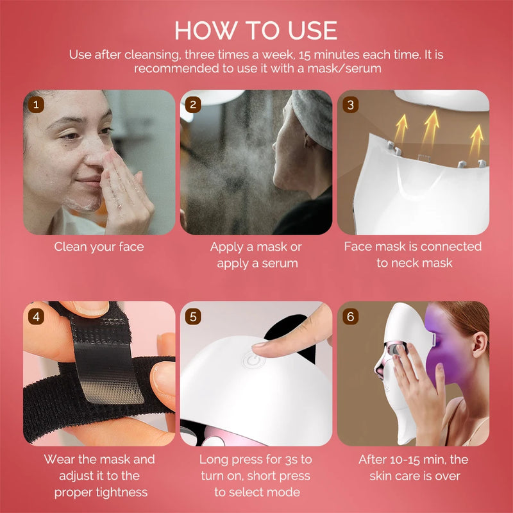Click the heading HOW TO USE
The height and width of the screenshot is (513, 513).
click(x=256, y=30)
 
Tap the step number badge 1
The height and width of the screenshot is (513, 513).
click(x=37, y=103)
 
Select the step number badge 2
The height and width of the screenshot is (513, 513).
click(x=194, y=103)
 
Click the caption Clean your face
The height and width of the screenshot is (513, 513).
click(x=99, y=247)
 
